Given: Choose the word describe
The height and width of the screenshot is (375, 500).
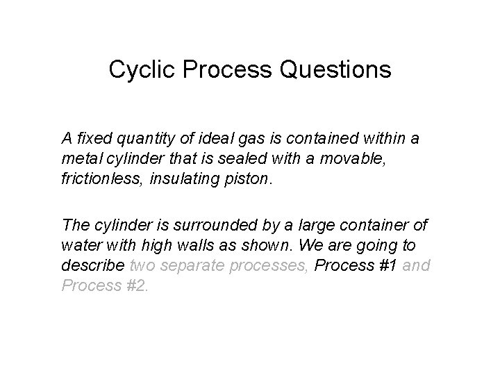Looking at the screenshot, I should [92, 265].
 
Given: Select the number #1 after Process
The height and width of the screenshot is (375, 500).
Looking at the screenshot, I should [388, 265].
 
